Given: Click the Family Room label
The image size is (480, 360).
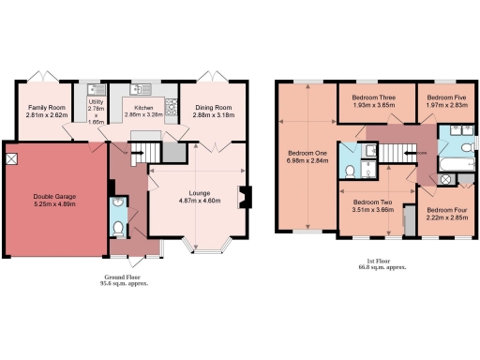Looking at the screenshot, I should click(x=46, y=109).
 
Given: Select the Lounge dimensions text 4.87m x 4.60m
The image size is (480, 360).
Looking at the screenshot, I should click(x=199, y=200).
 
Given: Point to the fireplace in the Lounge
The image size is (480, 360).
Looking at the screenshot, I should click(x=246, y=198).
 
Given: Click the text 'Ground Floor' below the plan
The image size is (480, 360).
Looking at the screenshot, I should click(x=124, y=278).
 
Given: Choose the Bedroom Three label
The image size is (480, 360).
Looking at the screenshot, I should click(x=372, y=97).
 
